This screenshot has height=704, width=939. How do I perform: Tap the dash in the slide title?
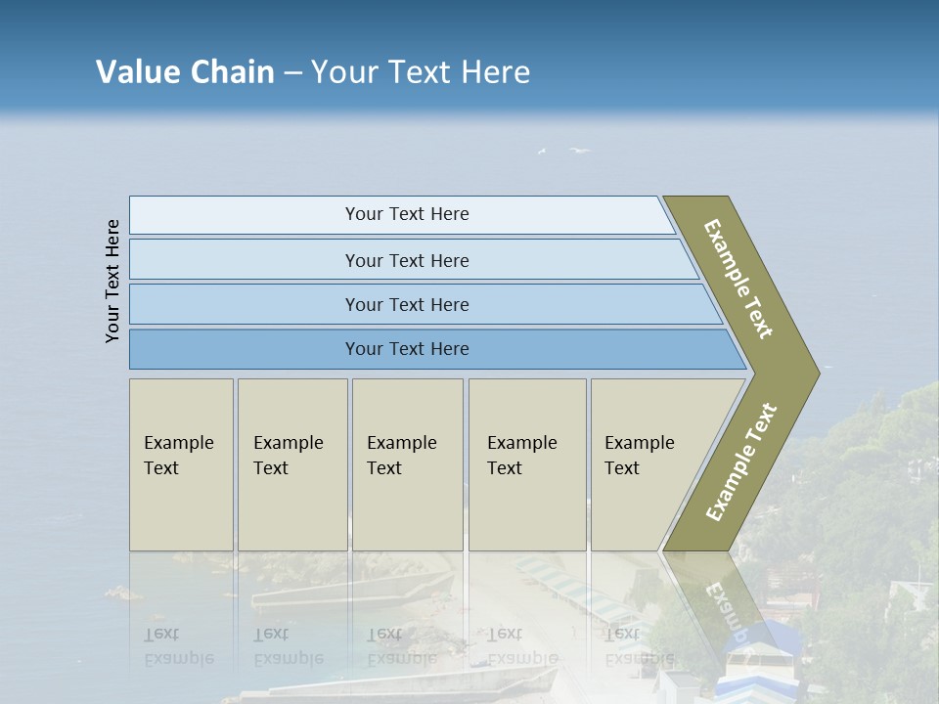[292, 73]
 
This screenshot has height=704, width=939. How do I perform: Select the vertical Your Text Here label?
[113, 282]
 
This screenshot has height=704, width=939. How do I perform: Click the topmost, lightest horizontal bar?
[407, 214]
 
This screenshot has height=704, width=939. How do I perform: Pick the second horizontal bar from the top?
[407, 260]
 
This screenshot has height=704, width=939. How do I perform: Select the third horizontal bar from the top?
[407, 304]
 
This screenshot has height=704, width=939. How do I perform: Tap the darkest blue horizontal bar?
[407, 349]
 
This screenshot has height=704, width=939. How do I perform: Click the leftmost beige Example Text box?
[181, 463]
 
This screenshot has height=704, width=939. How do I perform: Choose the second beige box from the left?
[291, 463]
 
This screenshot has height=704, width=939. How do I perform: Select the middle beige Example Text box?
[407, 463]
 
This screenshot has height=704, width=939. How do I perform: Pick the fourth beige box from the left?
[527, 463]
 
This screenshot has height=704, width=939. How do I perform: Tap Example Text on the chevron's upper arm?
[739, 278]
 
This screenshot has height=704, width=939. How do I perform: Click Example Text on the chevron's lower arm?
[741, 462]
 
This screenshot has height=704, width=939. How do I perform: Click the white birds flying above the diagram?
[579, 151]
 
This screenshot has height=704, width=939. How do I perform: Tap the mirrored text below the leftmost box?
[178, 646]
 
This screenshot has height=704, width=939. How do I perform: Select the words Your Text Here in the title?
[421, 72]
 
